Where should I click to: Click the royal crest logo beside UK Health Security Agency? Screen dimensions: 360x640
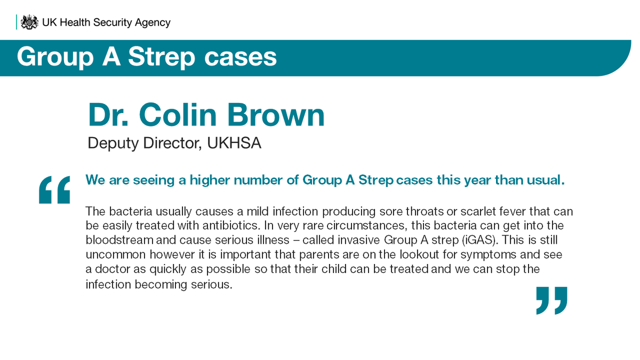click(29, 22)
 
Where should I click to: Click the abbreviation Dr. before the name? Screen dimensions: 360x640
click(109, 115)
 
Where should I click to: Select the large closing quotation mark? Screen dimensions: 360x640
click(551, 300)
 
